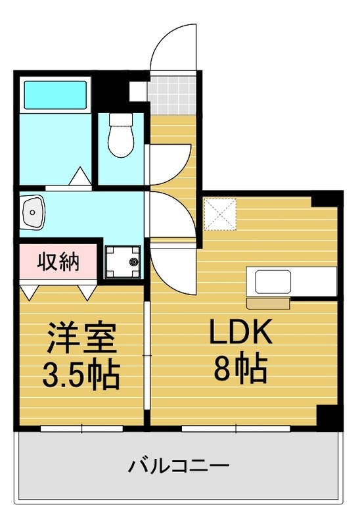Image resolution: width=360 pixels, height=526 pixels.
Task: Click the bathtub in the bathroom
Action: (x=56, y=95)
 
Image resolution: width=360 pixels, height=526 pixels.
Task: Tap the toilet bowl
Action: (x=120, y=141)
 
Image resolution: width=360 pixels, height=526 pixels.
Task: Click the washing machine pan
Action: (x=124, y=261)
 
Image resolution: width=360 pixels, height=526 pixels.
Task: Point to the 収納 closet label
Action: (x=58, y=262)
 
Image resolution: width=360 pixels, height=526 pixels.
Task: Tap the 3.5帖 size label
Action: (x=81, y=373)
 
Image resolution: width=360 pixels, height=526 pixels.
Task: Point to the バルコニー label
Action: (x=179, y=467)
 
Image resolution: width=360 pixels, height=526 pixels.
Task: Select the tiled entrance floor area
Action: (x=173, y=95)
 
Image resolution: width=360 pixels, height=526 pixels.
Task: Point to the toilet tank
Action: (x=120, y=120)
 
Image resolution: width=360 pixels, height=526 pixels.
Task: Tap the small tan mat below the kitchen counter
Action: (x=268, y=303)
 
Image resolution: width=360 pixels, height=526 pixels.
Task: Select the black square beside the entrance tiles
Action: (x=137, y=91)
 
